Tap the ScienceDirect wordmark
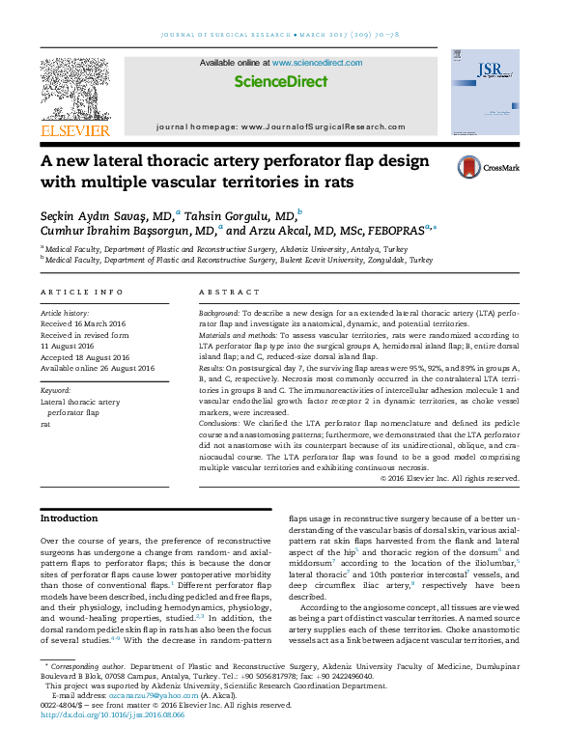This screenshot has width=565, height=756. pos(280,82)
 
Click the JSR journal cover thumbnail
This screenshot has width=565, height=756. pos(485,92)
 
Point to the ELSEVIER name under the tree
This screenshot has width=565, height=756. pos(74,130)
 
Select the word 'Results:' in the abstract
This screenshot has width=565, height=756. pos(214,368)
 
